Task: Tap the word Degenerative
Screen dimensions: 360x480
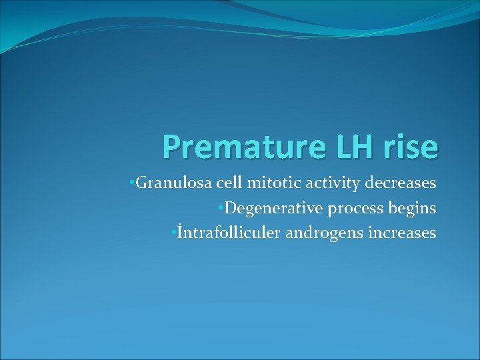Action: (273, 209)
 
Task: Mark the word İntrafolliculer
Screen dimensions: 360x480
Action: (220, 233)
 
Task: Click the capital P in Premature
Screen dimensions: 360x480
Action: (171, 147)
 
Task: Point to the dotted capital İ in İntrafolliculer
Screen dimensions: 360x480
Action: (179, 232)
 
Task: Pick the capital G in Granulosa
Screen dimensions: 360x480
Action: (141, 183)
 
